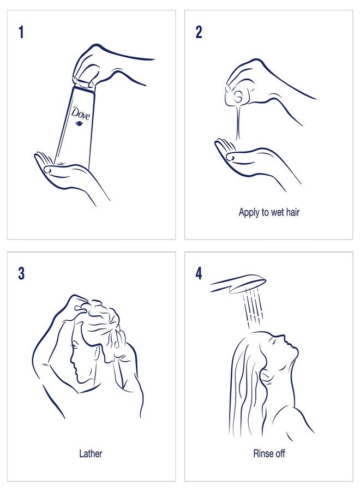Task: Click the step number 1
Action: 21,32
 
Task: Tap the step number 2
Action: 199,32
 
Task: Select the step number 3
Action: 21,273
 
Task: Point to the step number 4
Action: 199,273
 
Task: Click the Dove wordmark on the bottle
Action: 80,113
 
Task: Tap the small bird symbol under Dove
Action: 78,124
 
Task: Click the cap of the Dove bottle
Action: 84,83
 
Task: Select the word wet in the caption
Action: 277,212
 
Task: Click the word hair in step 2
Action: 293,212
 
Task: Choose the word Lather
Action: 91,453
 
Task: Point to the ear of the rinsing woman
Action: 265,375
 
